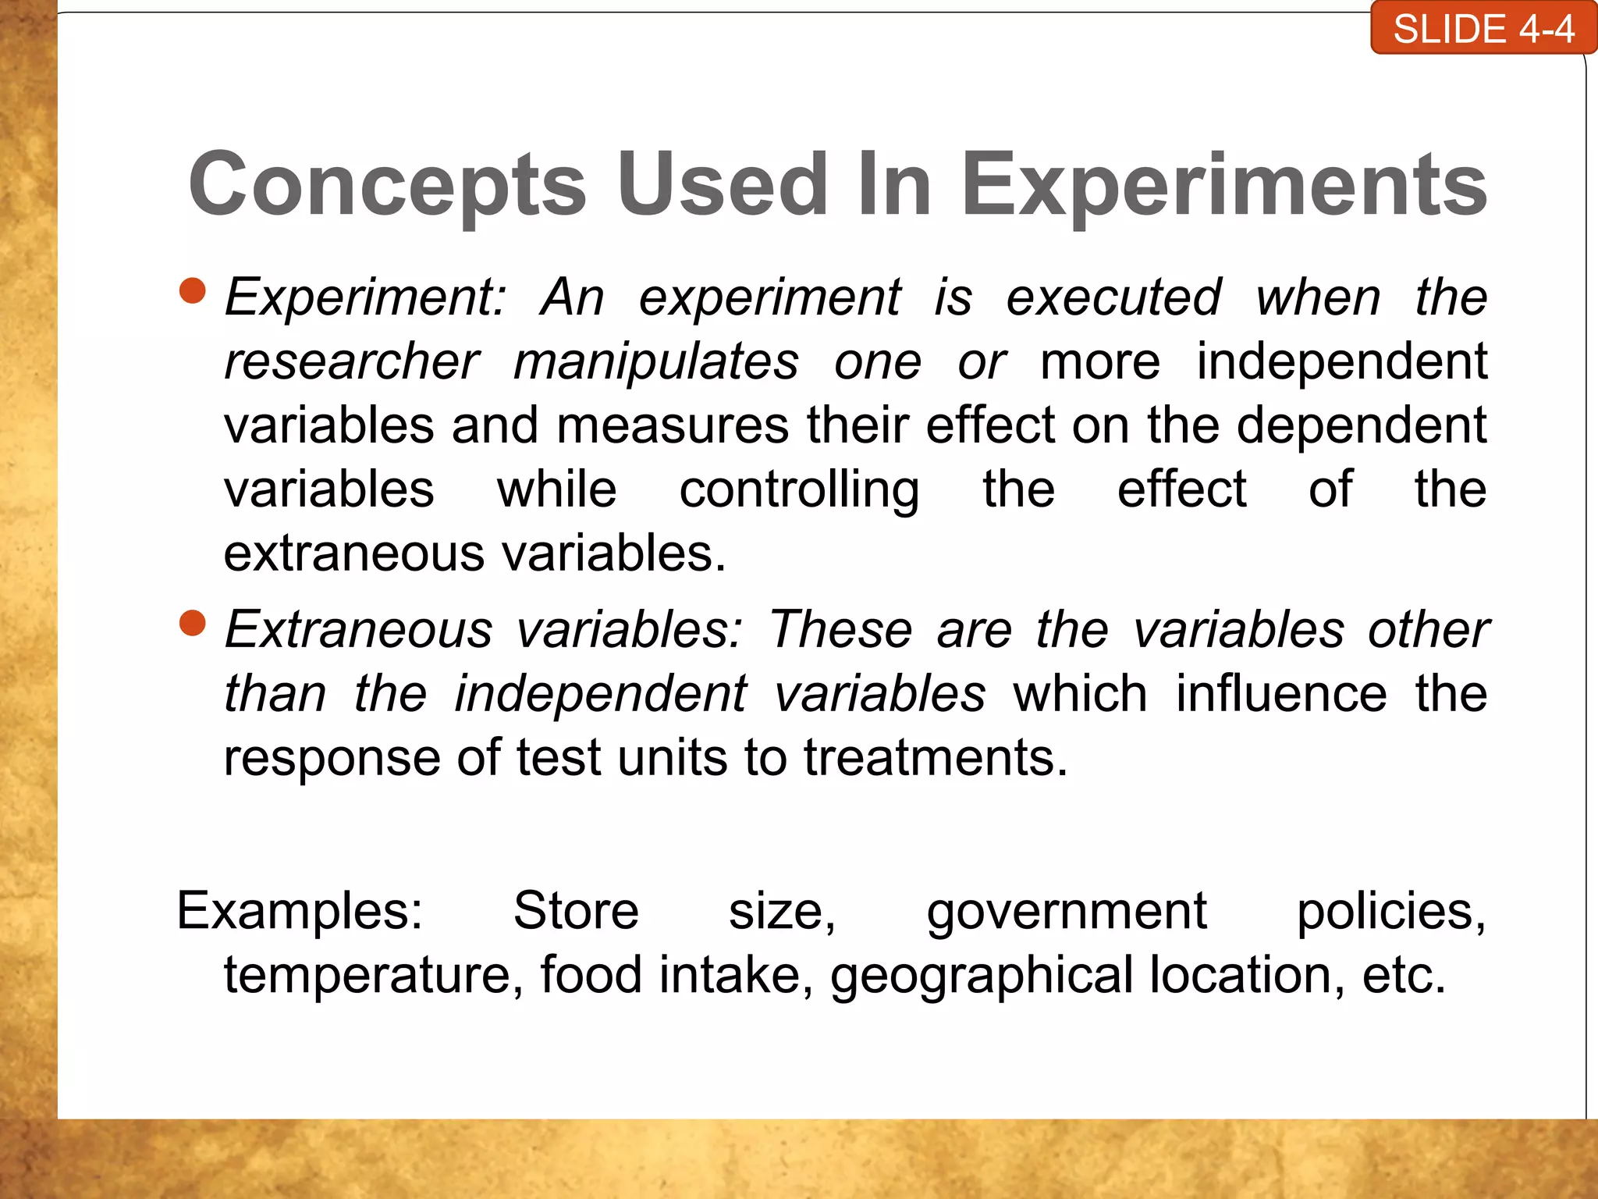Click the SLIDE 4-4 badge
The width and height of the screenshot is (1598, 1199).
tap(1483, 30)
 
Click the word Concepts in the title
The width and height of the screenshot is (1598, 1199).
tap(387, 185)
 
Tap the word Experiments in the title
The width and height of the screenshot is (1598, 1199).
tap(1224, 185)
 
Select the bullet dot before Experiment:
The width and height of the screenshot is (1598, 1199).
tap(192, 290)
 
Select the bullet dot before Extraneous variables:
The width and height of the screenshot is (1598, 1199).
tap(192, 623)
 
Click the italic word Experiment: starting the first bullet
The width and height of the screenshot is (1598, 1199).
tap(365, 298)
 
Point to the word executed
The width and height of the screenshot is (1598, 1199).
tap(1113, 298)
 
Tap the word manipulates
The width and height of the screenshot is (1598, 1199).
tap(656, 362)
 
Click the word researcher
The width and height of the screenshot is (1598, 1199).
tap(351, 362)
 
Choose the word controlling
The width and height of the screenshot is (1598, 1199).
tap(799, 490)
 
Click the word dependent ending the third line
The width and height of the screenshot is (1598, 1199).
tap(1362, 426)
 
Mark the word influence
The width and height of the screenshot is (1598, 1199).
tap(1281, 694)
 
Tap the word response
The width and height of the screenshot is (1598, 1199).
tap(332, 759)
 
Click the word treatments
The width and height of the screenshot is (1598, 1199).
tap(935, 758)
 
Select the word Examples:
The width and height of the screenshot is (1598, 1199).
tap(300, 911)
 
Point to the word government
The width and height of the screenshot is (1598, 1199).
tap(1067, 913)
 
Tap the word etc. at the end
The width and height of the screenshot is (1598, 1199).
tap(1404, 976)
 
